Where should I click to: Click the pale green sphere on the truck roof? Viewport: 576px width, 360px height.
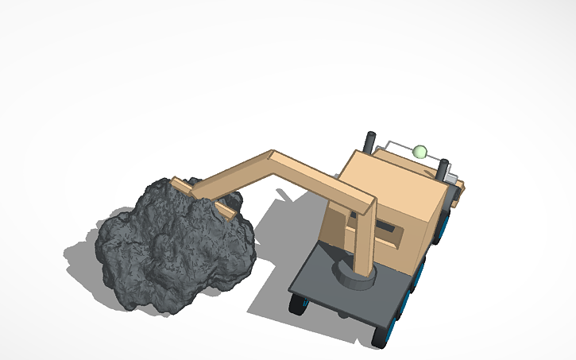[419, 151]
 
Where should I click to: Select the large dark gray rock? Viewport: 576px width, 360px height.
[171, 246]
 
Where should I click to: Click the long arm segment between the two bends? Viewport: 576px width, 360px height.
[322, 176]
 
